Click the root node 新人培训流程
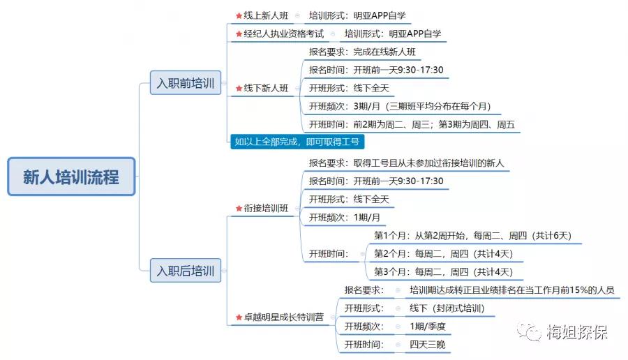click(x=71, y=177)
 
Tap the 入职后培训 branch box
click(x=186, y=270)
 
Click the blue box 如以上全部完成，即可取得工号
click(x=299, y=142)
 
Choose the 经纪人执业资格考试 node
click(x=283, y=33)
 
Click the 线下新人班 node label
click(x=266, y=89)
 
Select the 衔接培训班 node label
click(x=266, y=208)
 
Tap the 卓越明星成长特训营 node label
click(x=283, y=317)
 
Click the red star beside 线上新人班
click(x=239, y=15)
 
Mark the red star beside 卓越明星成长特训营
click(x=239, y=318)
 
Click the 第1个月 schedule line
click(x=473, y=235)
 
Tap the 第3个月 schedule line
click(x=443, y=271)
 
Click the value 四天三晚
click(x=428, y=345)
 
